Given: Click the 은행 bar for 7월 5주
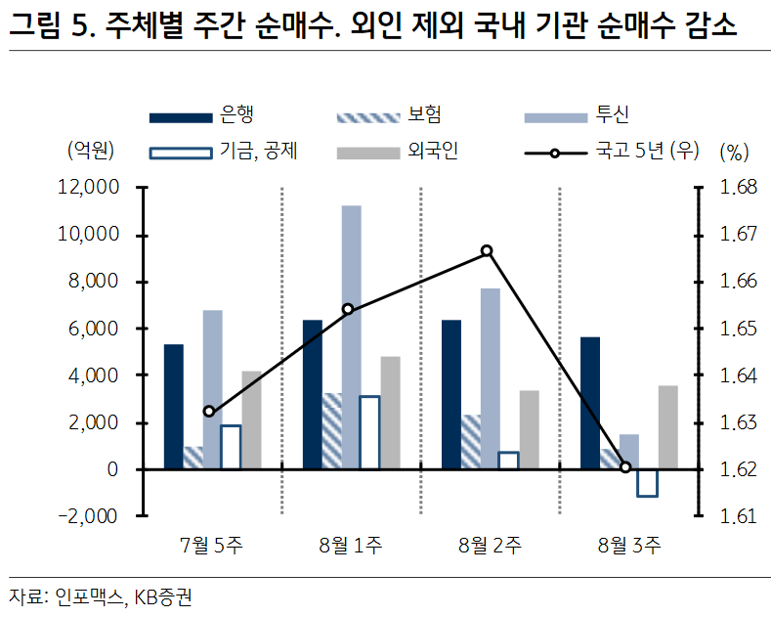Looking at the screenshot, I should point(173,407).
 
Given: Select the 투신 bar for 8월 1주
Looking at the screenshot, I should point(351,337).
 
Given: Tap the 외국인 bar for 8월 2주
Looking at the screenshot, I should point(529,430).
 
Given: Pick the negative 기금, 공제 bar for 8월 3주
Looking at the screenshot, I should point(647,483).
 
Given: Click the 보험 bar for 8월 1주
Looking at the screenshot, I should point(332,431).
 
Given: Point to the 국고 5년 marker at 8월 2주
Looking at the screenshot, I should point(487,251).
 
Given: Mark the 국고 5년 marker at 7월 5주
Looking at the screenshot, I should point(209,412).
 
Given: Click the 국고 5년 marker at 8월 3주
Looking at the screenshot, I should point(625,467).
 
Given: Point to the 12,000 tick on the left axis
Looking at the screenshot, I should point(89,188).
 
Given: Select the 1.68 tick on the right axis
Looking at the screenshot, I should point(739,188).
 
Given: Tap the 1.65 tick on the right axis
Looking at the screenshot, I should point(739,329).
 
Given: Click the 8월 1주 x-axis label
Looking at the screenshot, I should point(351,547).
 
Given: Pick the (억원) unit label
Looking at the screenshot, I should point(90,152).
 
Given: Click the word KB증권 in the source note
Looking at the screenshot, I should point(163,596).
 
